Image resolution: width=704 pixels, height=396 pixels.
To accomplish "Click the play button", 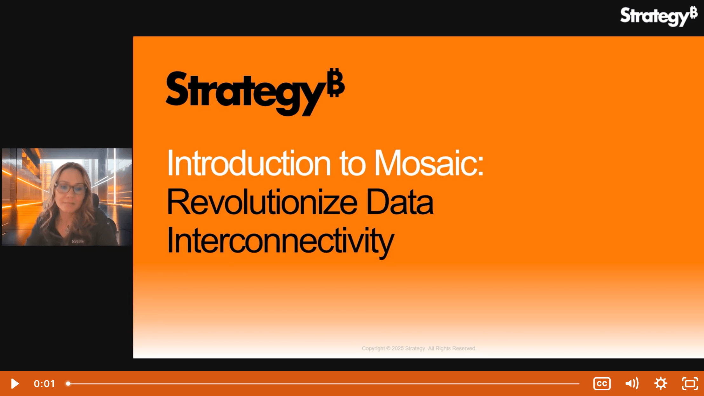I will (15, 384).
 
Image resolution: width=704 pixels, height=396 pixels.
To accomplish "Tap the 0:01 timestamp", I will (44, 384).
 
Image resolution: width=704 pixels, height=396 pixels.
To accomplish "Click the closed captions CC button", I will (602, 384).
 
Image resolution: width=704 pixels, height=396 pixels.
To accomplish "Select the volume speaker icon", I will (632, 384).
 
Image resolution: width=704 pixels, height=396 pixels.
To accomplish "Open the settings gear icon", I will (660, 384).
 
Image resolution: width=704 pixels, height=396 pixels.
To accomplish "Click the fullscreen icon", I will (690, 384).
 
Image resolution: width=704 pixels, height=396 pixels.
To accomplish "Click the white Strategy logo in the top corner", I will (658, 17).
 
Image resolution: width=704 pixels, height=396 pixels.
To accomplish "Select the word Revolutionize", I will (262, 202).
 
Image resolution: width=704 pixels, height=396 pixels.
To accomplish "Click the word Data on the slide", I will (400, 202).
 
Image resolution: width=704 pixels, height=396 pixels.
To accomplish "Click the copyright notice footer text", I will (419, 348).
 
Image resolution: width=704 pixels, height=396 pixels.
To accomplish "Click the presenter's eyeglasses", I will (71, 188).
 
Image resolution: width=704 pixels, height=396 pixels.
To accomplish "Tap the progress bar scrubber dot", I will (68, 384).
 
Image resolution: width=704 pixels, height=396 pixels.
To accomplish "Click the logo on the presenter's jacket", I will (78, 242).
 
